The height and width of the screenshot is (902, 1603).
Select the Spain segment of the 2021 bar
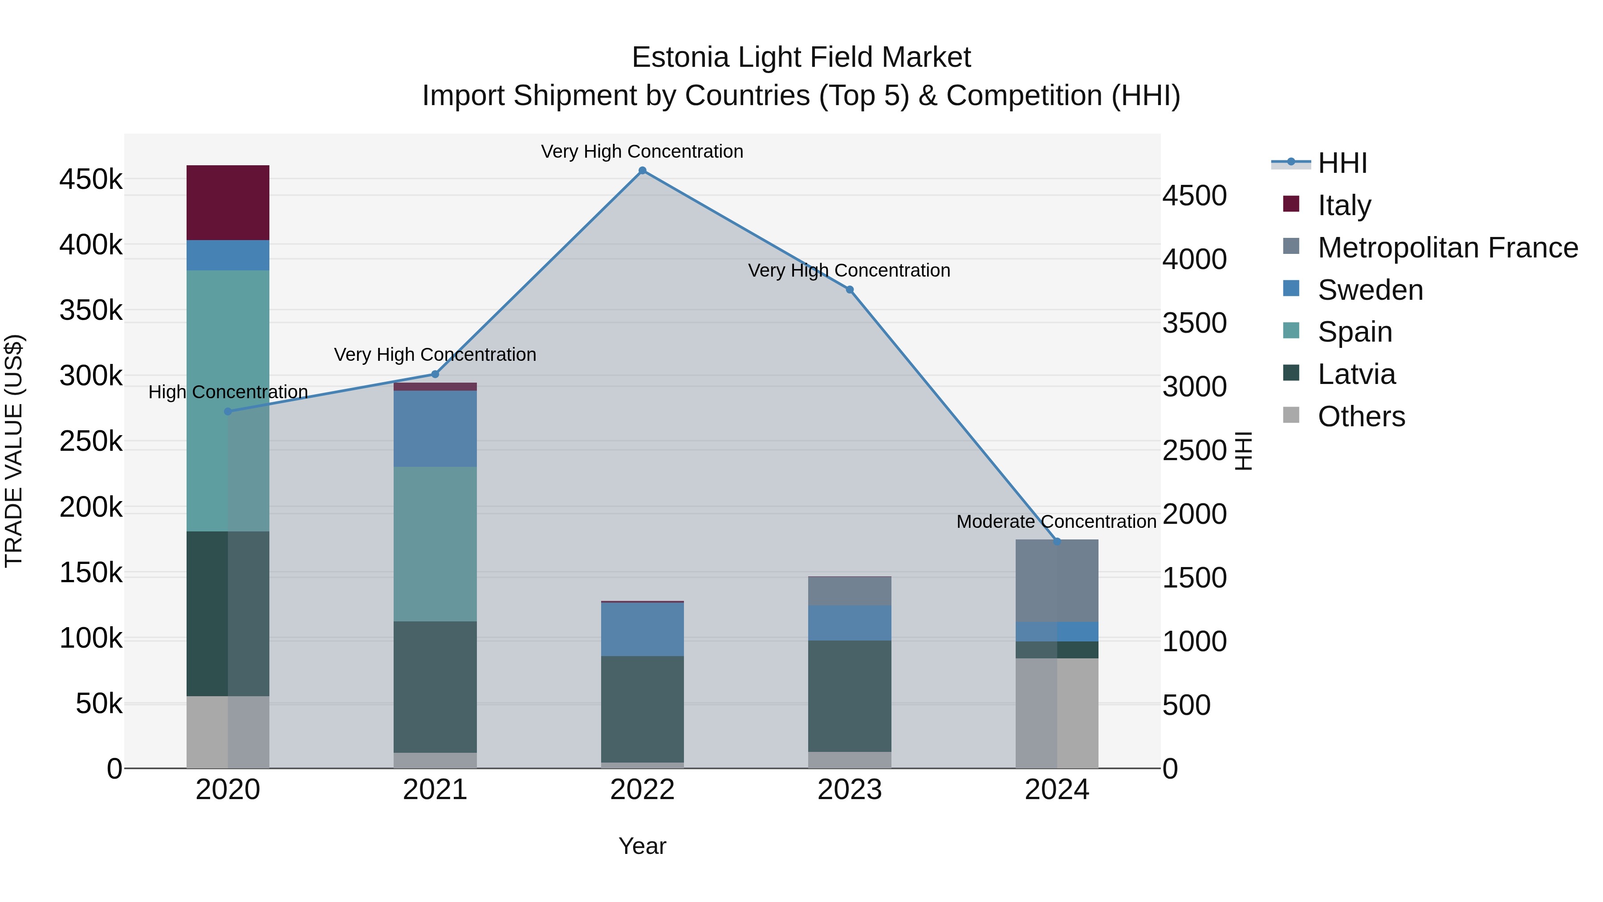click(435, 543)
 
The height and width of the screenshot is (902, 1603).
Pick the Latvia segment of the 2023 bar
click(850, 696)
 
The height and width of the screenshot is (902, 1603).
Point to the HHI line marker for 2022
click(642, 171)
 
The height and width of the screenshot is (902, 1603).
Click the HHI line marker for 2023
click(850, 290)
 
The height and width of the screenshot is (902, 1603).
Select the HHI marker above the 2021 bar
click(435, 374)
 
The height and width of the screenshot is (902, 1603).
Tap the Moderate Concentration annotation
click(1056, 522)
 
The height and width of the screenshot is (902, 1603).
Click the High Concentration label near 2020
click(228, 392)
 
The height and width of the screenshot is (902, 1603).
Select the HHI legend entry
click(1342, 163)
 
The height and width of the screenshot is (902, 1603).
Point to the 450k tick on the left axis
click(91, 180)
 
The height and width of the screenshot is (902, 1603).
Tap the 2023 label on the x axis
click(850, 790)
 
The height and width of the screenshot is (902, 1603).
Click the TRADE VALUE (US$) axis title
click(14, 451)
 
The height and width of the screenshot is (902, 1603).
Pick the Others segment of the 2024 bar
click(1057, 713)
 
